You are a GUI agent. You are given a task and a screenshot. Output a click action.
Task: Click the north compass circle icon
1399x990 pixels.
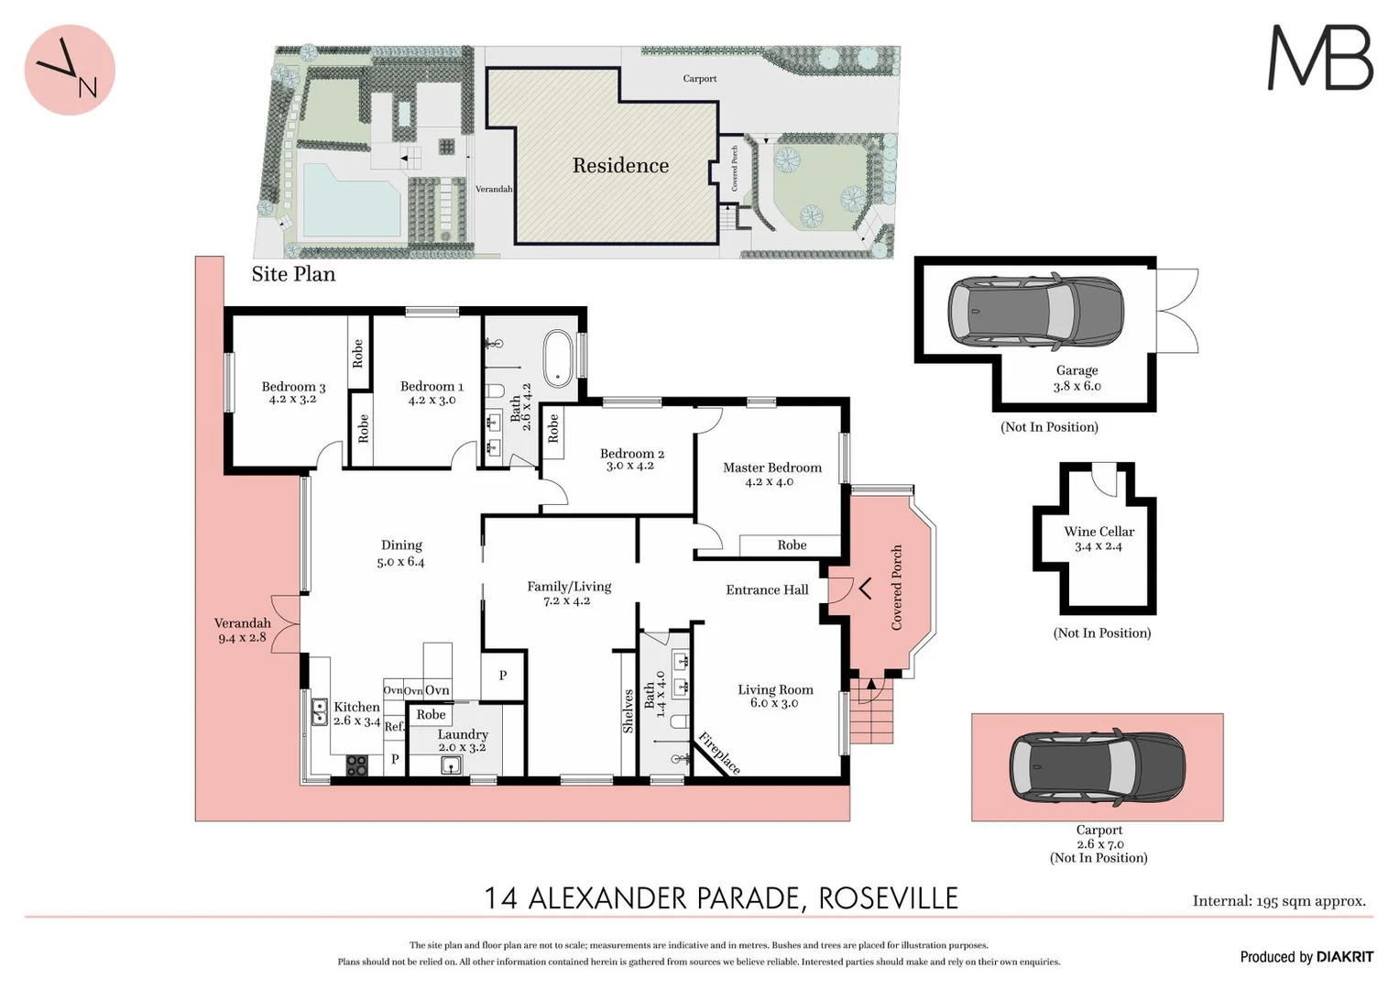coord(70,70)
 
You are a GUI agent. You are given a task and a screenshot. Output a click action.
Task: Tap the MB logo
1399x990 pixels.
coord(1319,58)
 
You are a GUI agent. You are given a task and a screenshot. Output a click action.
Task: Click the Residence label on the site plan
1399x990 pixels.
coord(620,166)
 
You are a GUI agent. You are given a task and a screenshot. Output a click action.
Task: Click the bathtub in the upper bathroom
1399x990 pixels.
coord(558,357)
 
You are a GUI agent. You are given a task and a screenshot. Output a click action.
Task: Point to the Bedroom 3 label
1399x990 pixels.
coord(293,387)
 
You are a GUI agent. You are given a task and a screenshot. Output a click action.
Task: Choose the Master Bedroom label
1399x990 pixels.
coord(771,467)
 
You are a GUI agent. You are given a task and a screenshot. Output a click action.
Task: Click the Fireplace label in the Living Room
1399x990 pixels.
coord(719,753)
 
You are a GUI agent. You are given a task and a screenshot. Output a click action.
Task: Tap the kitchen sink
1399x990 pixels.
coord(320,711)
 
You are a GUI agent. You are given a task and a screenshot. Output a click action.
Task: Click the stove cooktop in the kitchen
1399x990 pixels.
coord(356,764)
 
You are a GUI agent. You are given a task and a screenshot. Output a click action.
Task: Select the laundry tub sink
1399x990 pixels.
coord(452,764)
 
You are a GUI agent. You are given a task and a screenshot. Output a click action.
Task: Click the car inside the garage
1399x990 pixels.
coord(1035,311)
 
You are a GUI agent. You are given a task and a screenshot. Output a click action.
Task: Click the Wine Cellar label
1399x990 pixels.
coord(1098,532)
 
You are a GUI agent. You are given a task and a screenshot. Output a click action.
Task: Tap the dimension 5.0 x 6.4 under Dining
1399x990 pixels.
coord(400,562)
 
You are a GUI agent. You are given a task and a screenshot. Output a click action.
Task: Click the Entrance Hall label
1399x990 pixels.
coord(767,590)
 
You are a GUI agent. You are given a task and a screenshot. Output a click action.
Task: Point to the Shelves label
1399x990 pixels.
coord(628,711)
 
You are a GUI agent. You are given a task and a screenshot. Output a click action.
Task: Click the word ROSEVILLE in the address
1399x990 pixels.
coord(888,898)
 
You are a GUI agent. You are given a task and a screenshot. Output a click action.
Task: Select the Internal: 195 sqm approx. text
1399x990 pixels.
coord(1279,901)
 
